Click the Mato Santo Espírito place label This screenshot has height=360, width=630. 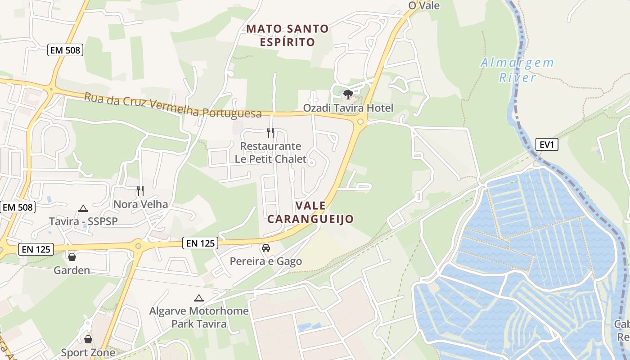(288, 36)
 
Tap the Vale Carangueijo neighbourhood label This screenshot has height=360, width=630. (310, 212)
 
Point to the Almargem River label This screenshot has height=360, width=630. (517, 70)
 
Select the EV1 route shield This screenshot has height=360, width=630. (546, 144)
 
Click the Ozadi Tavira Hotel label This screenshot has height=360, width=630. (348, 108)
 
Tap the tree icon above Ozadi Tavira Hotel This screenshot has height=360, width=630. (348, 94)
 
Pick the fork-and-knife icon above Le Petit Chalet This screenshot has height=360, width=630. (270, 133)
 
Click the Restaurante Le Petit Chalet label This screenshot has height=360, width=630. (270, 153)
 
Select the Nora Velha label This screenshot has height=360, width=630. (140, 204)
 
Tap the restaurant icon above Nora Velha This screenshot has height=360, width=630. (140, 191)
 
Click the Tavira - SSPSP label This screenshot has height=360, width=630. (83, 221)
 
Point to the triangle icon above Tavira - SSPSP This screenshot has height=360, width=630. (83, 208)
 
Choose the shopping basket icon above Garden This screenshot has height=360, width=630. (72, 257)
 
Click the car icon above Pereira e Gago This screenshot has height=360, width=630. (266, 248)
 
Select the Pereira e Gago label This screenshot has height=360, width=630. (266, 261)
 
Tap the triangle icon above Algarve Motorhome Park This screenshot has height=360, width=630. (198, 298)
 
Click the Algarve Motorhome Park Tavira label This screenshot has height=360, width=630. (199, 317)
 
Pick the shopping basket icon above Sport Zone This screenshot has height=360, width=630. (88, 339)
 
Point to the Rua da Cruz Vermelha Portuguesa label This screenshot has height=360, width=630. (173, 105)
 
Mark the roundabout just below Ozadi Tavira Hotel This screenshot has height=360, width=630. (360, 121)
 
